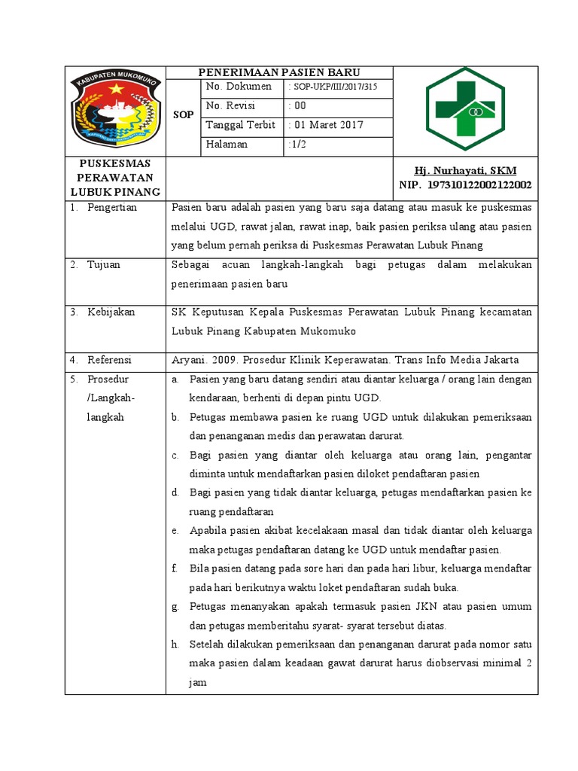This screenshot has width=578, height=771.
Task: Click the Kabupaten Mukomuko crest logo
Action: pyautogui.click(x=115, y=110)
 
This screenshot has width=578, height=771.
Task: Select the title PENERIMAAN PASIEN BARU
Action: pyautogui.click(x=279, y=73)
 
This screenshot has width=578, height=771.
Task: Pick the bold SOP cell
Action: pyautogui.click(x=183, y=115)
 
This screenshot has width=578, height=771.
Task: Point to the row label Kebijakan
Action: pyautogui.click(x=111, y=312)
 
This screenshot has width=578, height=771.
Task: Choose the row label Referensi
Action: pyautogui.click(x=109, y=359)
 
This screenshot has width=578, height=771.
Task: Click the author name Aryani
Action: pyautogui.click(x=189, y=359)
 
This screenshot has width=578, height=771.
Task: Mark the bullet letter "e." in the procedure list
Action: pyautogui.click(x=175, y=531)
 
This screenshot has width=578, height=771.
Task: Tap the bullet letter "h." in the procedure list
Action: pyautogui.click(x=175, y=644)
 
